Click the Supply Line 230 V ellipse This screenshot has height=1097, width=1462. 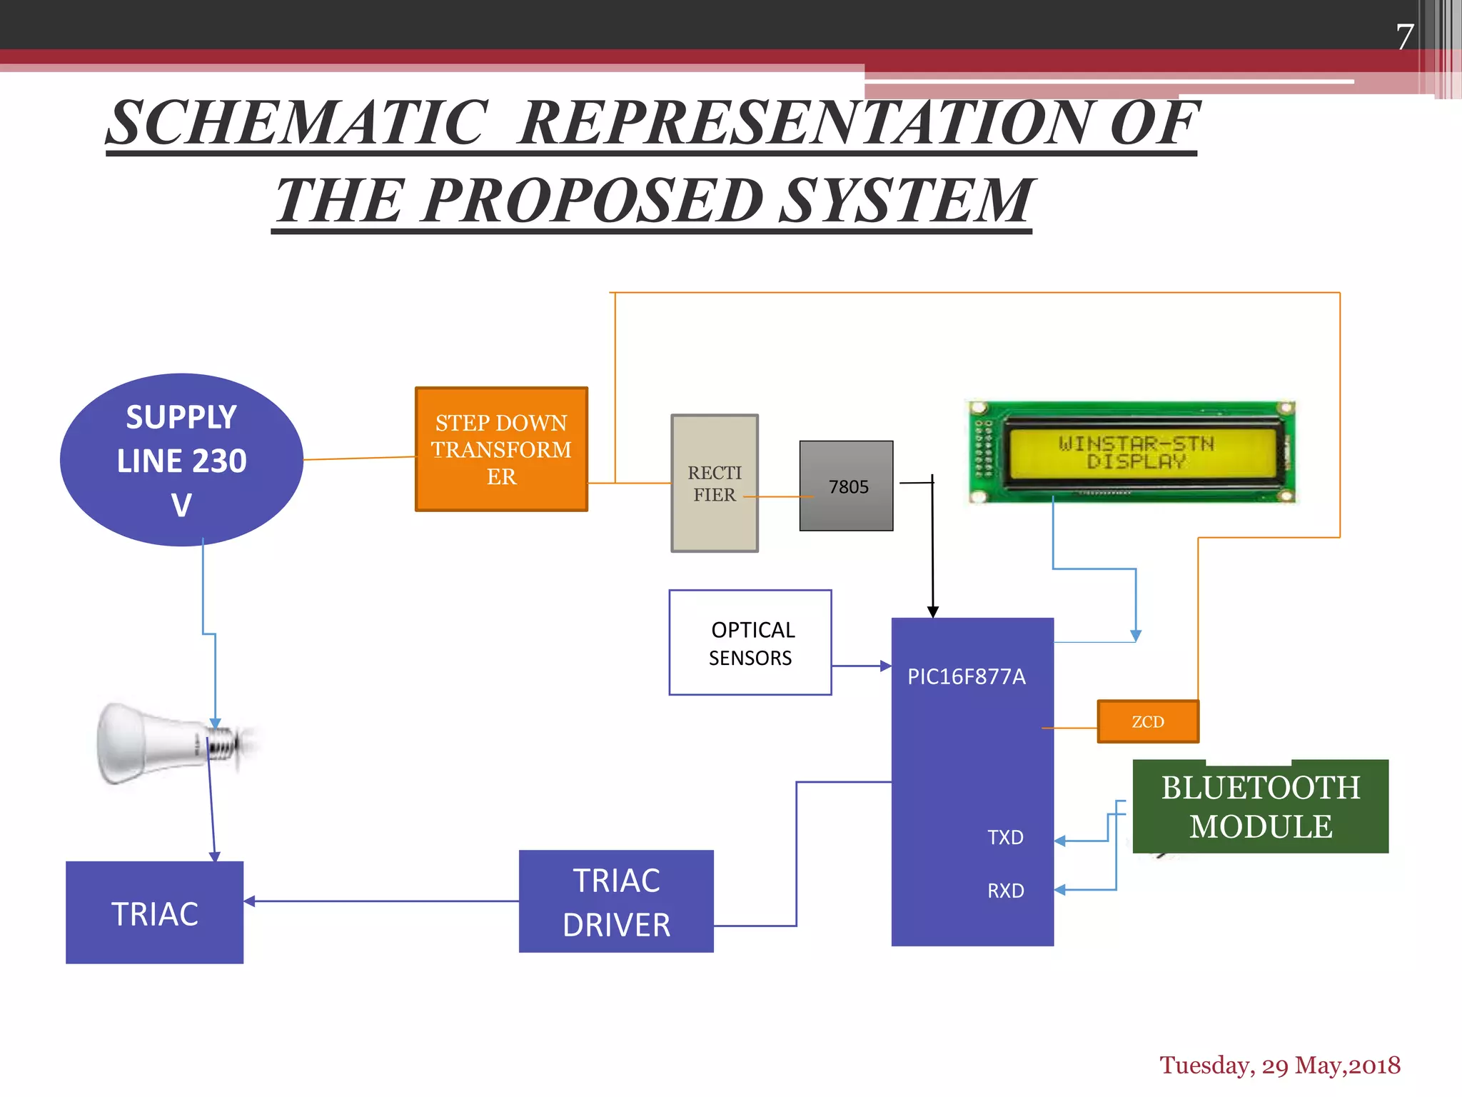coord(181,460)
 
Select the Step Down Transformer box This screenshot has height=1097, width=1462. coord(501,449)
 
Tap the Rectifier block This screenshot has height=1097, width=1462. coord(714,484)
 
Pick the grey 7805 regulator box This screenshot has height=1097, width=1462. coord(847,486)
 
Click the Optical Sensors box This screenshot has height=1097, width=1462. coord(750,643)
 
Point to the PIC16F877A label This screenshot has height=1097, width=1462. coord(966,676)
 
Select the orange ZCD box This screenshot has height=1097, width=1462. coord(1148,722)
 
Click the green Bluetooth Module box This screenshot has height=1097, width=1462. coord(1261,807)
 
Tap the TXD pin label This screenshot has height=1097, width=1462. coord(1005,837)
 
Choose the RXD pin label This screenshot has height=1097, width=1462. coord(1005,891)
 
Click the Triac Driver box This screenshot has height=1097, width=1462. coord(616,902)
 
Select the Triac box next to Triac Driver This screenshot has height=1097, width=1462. coord(155,913)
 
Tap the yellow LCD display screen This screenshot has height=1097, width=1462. coord(1136,452)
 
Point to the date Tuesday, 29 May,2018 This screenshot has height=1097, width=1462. coord(1279,1065)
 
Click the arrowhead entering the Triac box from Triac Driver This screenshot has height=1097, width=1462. coord(249,901)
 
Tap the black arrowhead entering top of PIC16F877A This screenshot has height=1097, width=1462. coord(933,612)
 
